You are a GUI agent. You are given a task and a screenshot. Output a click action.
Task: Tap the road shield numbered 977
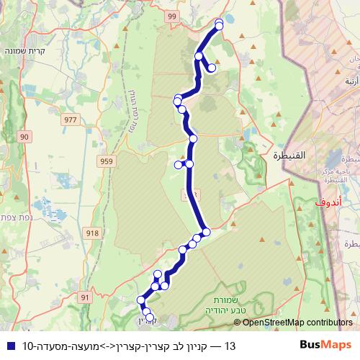pyautogui.click(x=71, y=120)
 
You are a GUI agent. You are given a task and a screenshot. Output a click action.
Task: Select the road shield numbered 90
pyautogui.click(x=25, y=136)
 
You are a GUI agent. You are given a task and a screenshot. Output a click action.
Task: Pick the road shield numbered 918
pyautogui.click(x=92, y=232)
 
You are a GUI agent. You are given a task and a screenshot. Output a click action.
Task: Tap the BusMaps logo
pyautogui.click(x=326, y=345)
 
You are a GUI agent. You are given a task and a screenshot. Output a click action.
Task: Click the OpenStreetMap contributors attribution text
pyautogui.click(x=297, y=323)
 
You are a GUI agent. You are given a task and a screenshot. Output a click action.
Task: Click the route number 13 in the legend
pyautogui.click(x=230, y=346)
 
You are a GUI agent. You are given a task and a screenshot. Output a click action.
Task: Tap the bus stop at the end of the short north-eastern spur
pyautogui.click(x=212, y=69)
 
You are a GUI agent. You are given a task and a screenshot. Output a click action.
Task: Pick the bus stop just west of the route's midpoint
pyautogui.click(x=179, y=164)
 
